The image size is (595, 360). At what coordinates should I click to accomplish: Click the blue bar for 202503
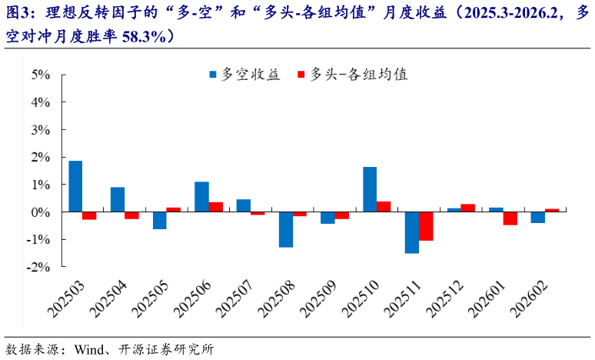pyautogui.click(x=75, y=186)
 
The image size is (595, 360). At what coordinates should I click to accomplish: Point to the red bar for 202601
pyautogui.click(x=510, y=218)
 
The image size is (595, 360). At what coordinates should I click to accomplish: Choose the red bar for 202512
pyautogui.click(x=468, y=208)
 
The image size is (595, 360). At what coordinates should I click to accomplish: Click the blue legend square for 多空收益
pyautogui.click(x=213, y=75)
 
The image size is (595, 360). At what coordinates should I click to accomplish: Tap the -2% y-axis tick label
pyautogui.click(x=39, y=267)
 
